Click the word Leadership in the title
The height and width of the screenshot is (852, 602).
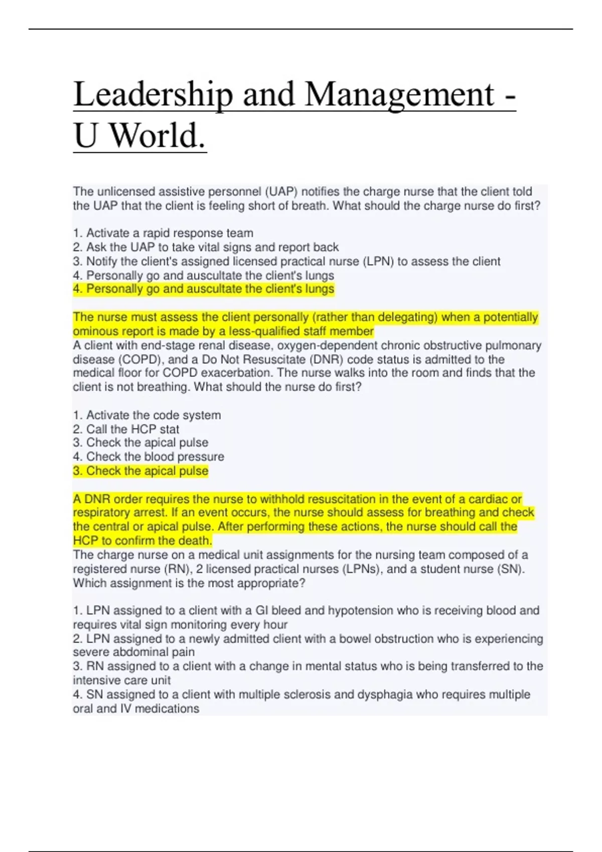point(153,95)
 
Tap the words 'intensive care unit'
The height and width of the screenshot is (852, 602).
point(121,680)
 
